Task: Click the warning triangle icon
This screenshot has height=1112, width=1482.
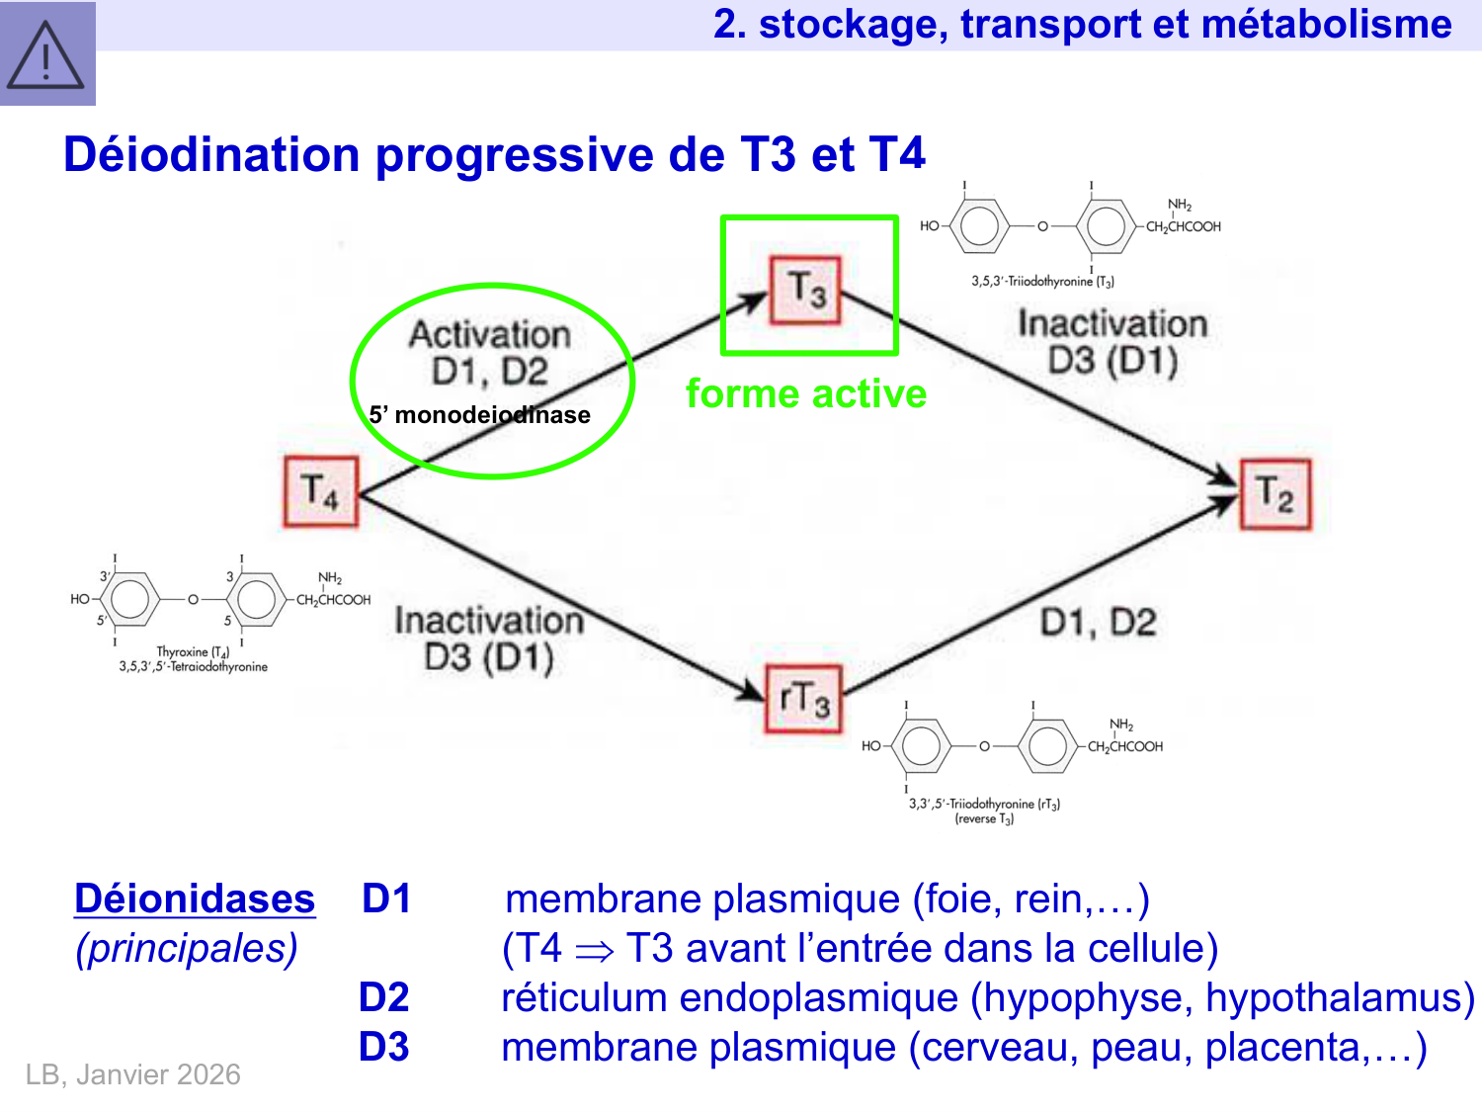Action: (x=45, y=55)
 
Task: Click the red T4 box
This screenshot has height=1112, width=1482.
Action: (x=320, y=491)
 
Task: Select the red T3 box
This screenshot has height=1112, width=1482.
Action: (x=805, y=290)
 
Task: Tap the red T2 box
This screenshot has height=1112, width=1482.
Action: (x=1276, y=494)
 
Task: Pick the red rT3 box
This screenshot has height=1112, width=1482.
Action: (x=804, y=699)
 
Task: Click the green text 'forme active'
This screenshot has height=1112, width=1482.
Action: (x=806, y=393)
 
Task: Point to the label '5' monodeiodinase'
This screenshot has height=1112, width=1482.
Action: (x=479, y=415)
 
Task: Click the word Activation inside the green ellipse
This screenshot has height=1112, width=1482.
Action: (x=490, y=334)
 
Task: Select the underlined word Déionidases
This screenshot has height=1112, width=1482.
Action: (x=195, y=899)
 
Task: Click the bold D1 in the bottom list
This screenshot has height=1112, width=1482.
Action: (x=386, y=898)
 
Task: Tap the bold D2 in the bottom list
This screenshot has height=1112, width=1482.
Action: (x=384, y=997)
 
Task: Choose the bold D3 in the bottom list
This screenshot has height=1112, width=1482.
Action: (x=384, y=1047)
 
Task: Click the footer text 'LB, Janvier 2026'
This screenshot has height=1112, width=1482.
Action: (x=133, y=1074)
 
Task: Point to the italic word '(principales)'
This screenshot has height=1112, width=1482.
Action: (x=187, y=949)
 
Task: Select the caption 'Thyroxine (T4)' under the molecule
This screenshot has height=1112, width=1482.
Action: (x=193, y=652)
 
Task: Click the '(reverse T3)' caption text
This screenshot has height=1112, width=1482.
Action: (x=984, y=819)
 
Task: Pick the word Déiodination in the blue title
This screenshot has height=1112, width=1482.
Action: (x=212, y=155)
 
